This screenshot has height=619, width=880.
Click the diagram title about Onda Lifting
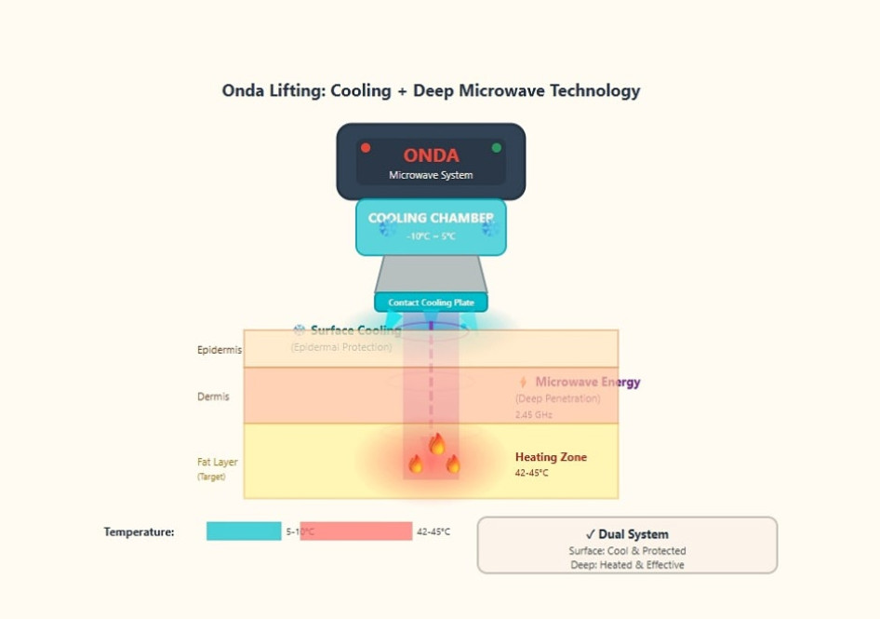pos(431,90)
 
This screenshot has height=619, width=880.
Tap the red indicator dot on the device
pos(366,148)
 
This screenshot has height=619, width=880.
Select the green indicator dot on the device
pos(496,148)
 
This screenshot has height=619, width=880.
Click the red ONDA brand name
pos(431,155)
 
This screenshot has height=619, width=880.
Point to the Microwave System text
pos(431,175)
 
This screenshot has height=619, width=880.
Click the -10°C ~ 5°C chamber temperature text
pos(431,236)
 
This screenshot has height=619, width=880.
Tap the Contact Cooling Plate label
pos(431,303)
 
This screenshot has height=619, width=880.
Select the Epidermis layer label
pos(220,350)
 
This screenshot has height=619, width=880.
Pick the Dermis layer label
pos(213,397)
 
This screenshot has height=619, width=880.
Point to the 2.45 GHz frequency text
pos(534,415)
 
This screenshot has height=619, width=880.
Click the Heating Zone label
pos(551,457)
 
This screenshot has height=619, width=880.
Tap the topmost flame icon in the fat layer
pos(436,443)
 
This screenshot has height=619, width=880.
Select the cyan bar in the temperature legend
pos(244,532)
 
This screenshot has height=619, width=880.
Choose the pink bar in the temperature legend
pos(356,532)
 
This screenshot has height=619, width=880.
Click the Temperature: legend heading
pos(139,532)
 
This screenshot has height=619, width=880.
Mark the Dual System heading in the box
pos(627,534)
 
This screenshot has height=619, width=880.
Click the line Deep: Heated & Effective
pos(627,565)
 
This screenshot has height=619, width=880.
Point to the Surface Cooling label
pos(355,330)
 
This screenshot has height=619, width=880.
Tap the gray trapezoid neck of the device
pos(431,274)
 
